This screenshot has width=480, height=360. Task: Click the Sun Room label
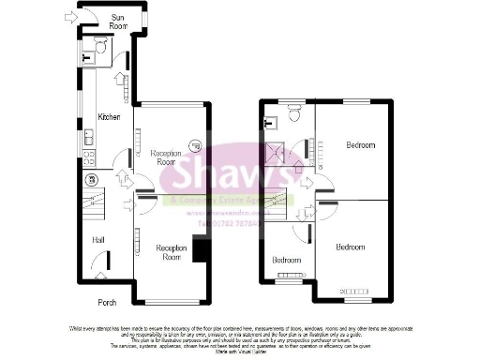pyautogui.click(x=118, y=21)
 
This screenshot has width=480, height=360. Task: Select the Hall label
pyautogui.click(x=97, y=240)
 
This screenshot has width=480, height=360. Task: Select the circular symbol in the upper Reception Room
pyautogui.click(x=194, y=145)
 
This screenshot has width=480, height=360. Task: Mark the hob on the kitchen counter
pyautogui.click(x=90, y=159)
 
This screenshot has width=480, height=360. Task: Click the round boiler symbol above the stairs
pyautogui.click(x=92, y=178)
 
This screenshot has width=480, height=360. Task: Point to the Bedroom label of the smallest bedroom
pyautogui.click(x=287, y=260)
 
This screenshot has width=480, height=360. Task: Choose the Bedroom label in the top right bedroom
pyautogui.click(x=360, y=145)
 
